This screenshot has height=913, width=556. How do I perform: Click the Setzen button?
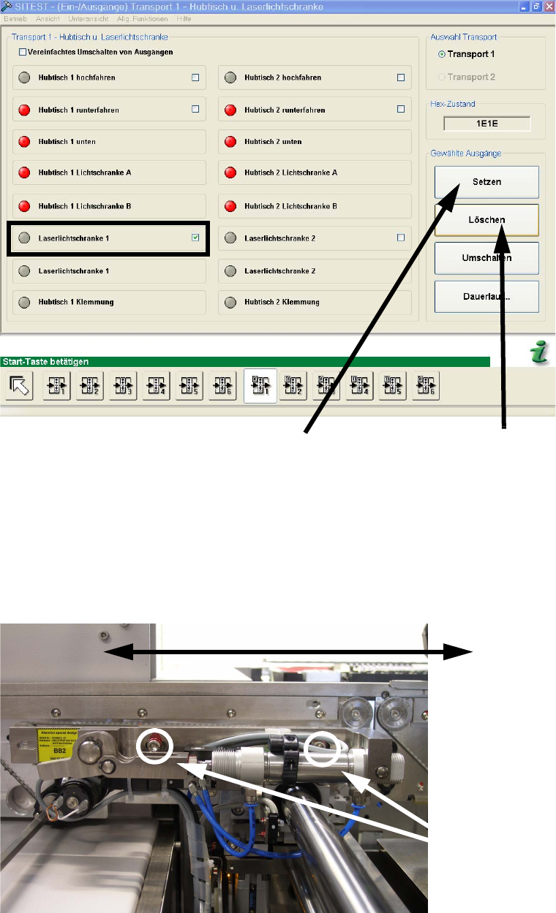click(487, 182)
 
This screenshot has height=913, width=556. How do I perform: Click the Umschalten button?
click(487, 258)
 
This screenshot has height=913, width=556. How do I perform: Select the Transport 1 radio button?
click(442, 54)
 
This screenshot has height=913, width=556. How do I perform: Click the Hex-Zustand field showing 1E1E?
click(487, 124)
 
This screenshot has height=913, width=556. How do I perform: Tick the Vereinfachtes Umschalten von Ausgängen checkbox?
click(22, 52)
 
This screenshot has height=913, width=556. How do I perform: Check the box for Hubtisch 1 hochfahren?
click(195, 77)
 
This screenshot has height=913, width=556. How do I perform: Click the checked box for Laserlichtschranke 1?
click(195, 238)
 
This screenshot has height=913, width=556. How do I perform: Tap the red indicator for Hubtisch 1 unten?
click(23, 141)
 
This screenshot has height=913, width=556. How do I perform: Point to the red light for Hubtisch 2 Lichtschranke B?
click(230, 206)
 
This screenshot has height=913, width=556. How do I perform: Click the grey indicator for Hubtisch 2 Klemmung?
click(230, 302)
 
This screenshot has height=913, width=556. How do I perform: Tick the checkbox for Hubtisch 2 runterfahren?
click(400, 109)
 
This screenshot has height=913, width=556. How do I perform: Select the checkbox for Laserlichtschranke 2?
click(400, 238)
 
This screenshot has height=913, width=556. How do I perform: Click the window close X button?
click(549, 6)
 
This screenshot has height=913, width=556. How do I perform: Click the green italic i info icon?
click(539, 354)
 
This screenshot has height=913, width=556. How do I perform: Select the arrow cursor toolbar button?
click(20, 385)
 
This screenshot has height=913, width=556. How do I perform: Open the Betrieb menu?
click(15, 18)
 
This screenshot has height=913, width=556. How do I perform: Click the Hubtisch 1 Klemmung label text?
click(76, 302)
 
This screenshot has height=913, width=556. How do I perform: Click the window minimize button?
click(524, 6)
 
